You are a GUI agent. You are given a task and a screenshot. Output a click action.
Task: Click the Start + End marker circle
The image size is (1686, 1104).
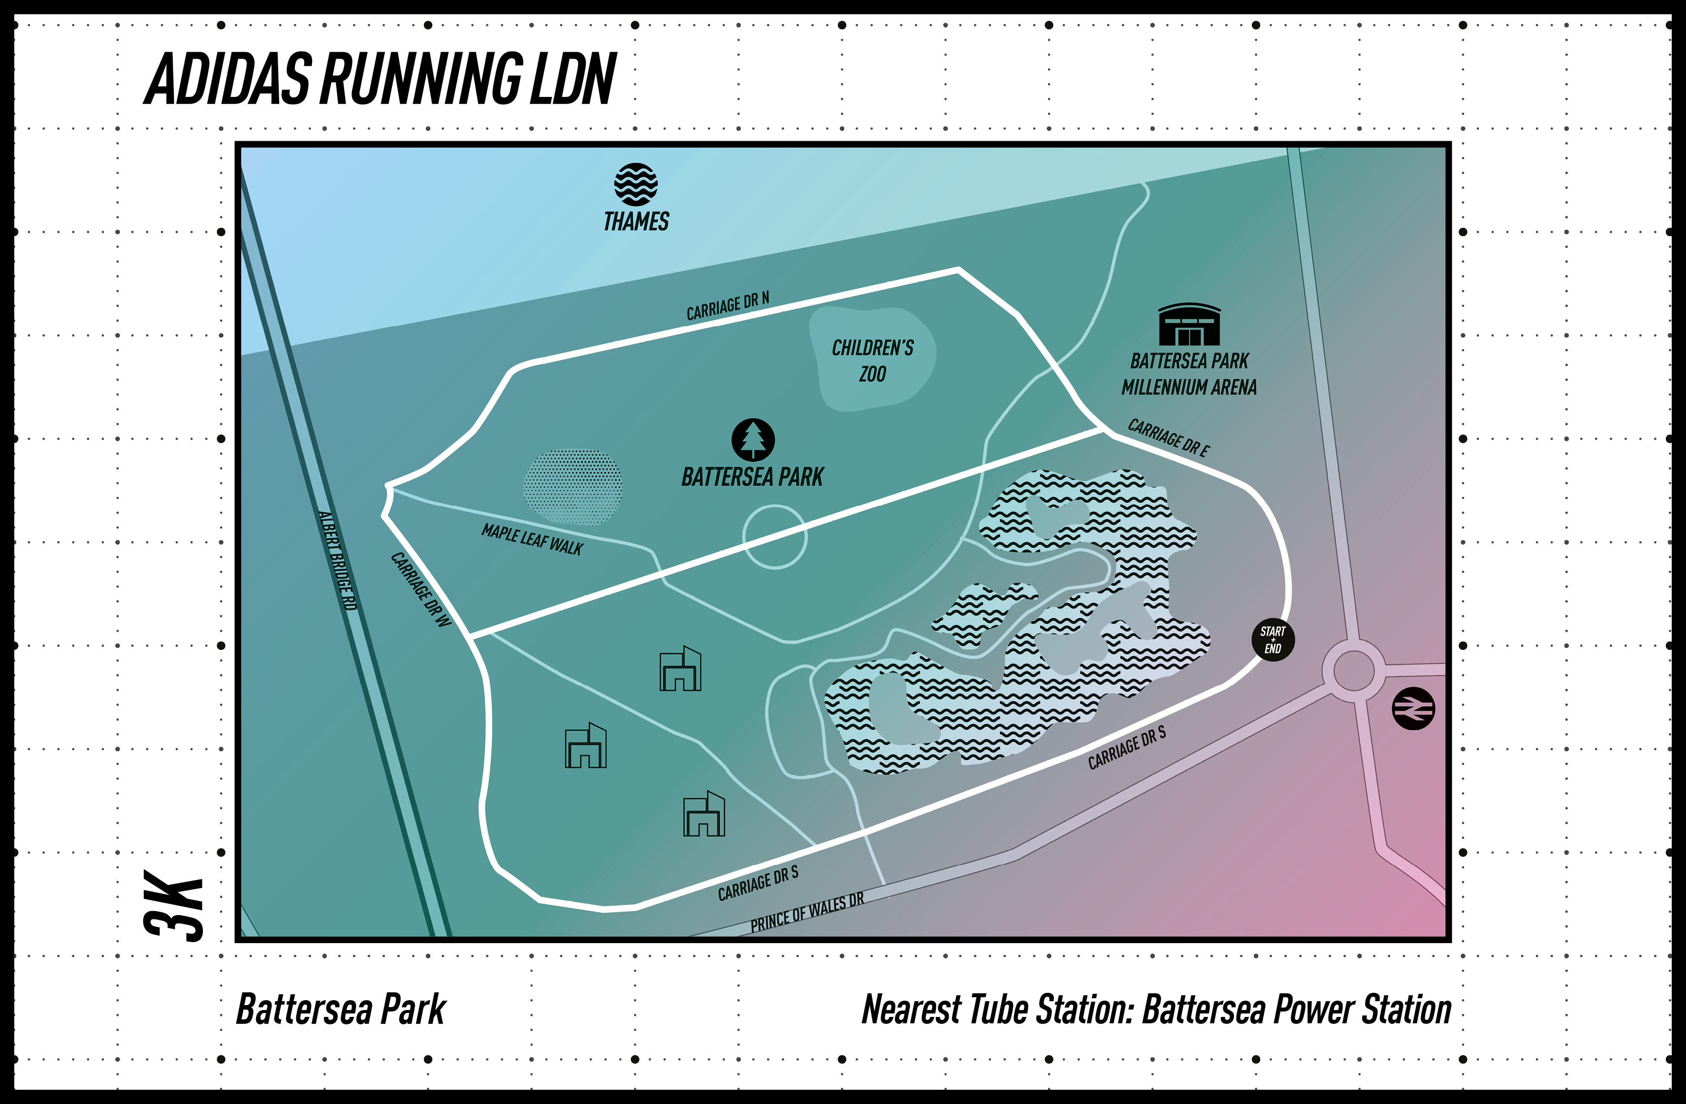click(1273, 640)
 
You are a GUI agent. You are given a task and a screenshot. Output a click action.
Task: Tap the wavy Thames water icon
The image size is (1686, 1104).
click(636, 184)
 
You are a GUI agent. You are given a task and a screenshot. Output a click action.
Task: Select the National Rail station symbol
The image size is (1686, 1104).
click(1413, 708)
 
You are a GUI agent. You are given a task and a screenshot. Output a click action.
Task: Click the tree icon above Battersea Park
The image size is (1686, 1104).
click(753, 440)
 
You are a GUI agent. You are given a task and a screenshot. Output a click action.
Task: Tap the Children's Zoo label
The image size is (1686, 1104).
click(873, 361)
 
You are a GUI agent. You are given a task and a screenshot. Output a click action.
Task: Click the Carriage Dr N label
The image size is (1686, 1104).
click(728, 307)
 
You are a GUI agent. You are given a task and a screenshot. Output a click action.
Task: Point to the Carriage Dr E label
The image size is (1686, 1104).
click(1169, 438)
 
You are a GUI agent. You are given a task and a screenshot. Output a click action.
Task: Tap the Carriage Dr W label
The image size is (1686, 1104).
click(421, 589)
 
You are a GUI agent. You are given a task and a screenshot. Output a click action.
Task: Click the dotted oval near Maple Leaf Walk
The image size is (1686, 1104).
click(573, 487)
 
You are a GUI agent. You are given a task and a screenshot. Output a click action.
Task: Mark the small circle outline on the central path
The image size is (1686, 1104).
click(774, 537)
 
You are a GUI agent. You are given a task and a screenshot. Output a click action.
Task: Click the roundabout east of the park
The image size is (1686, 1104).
click(1353, 670)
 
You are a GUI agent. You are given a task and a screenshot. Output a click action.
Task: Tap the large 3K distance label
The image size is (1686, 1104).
click(174, 906)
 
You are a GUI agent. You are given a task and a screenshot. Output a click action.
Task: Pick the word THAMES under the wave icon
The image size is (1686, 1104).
click(636, 222)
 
